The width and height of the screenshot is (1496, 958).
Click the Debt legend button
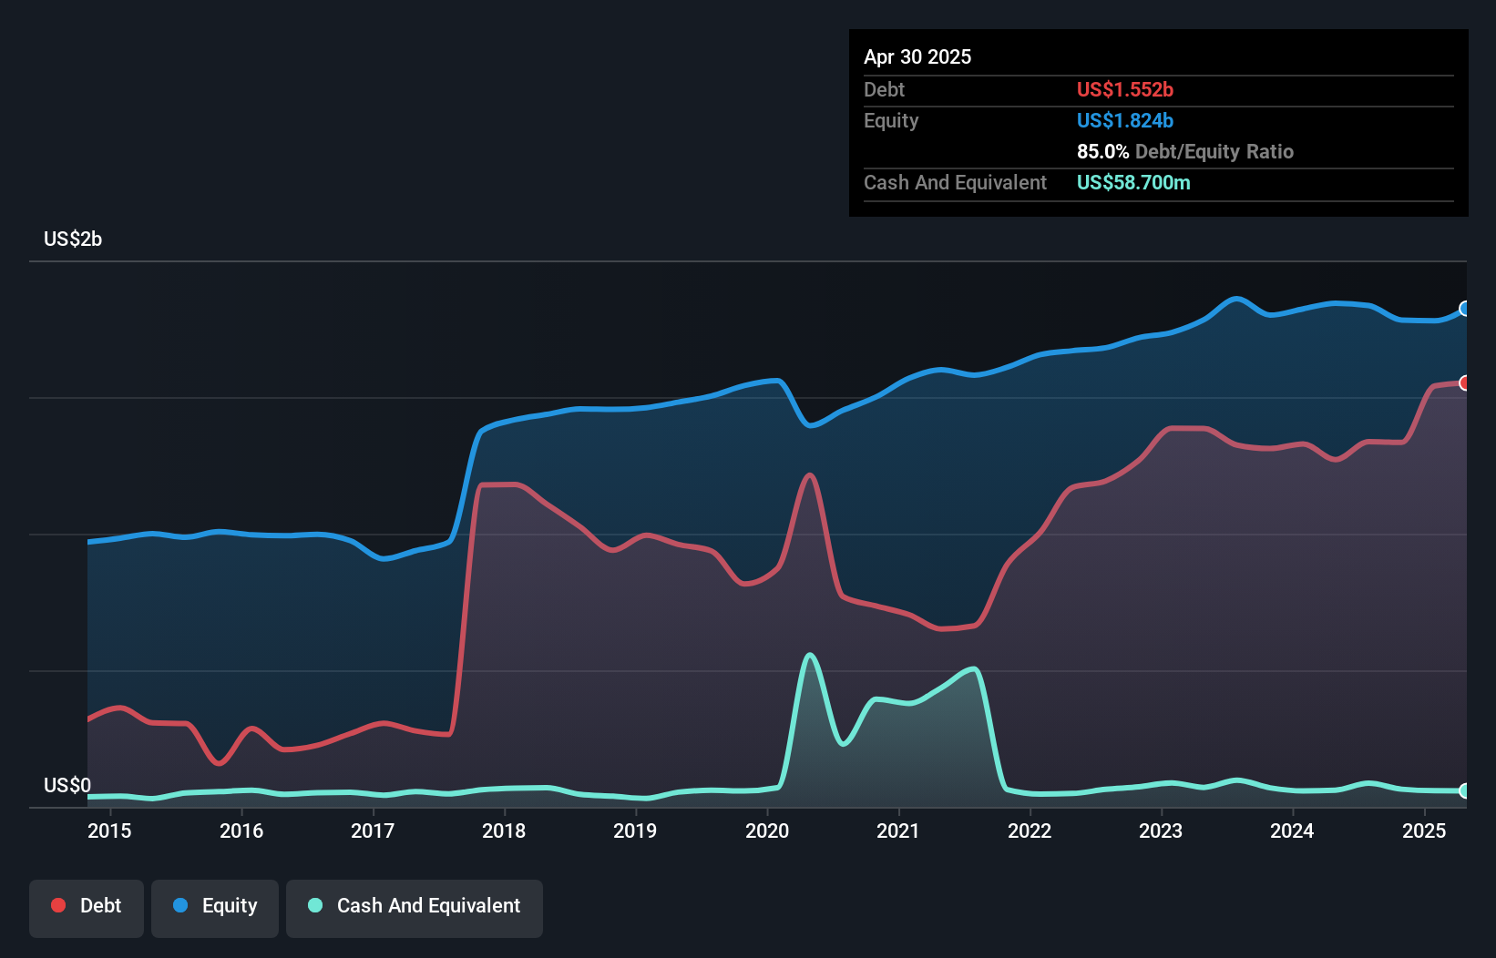[x=87, y=907]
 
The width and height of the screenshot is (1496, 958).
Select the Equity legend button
[x=215, y=907]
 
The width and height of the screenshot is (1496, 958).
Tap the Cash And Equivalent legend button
[x=415, y=907]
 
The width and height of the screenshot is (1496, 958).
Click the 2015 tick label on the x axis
[x=109, y=831]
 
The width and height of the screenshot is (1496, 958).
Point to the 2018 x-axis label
[x=504, y=831]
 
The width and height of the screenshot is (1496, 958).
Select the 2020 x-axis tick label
[x=767, y=831]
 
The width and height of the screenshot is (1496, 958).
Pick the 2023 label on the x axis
[x=1161, y=831]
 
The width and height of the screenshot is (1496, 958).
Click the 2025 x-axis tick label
[x=1424, y=831]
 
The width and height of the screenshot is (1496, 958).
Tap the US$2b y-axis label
[x=73, y=239]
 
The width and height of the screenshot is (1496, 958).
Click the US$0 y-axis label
[x=67, y=785]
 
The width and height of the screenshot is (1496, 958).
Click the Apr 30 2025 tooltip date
[x=917, y=57]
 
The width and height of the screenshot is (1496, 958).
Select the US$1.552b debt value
[x=1124, y=90]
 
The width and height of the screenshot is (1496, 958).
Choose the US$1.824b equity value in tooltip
[x=1124, y=121]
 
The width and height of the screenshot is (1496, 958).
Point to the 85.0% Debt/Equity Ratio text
[x=1184, y=152]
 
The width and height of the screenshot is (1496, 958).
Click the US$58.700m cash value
[x=1133, y=183]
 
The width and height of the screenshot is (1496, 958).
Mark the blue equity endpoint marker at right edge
[x=1464, y=309]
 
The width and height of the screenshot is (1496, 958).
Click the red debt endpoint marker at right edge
[x=1464, y=383]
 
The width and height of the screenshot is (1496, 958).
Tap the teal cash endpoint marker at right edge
[x=1464, y=790]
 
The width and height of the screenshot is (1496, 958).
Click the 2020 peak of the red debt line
[x=809, y=474]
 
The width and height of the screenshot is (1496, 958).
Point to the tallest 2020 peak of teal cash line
[x=809, y=654]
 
